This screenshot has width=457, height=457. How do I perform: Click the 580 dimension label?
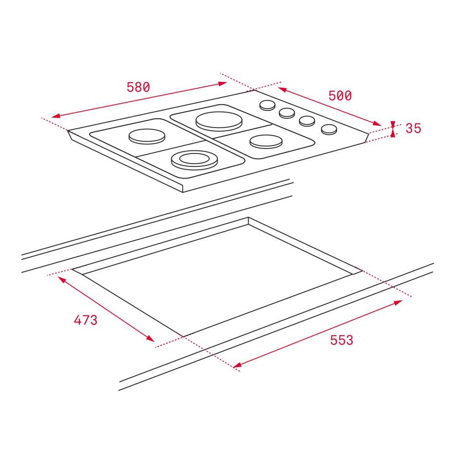point(138,87)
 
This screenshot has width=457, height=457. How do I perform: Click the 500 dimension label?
point(340,96)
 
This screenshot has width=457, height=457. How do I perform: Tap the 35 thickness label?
point(413,128)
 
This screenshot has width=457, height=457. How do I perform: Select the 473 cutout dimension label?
point(85,320)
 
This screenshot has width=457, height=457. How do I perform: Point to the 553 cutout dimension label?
point(341,340)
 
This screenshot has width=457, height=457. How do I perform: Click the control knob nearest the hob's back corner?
point(267,105)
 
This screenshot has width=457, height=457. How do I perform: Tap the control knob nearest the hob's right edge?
point(329,129)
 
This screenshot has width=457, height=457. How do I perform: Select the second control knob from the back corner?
point(287,113)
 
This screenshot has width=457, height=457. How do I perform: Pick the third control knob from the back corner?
point(307,121)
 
